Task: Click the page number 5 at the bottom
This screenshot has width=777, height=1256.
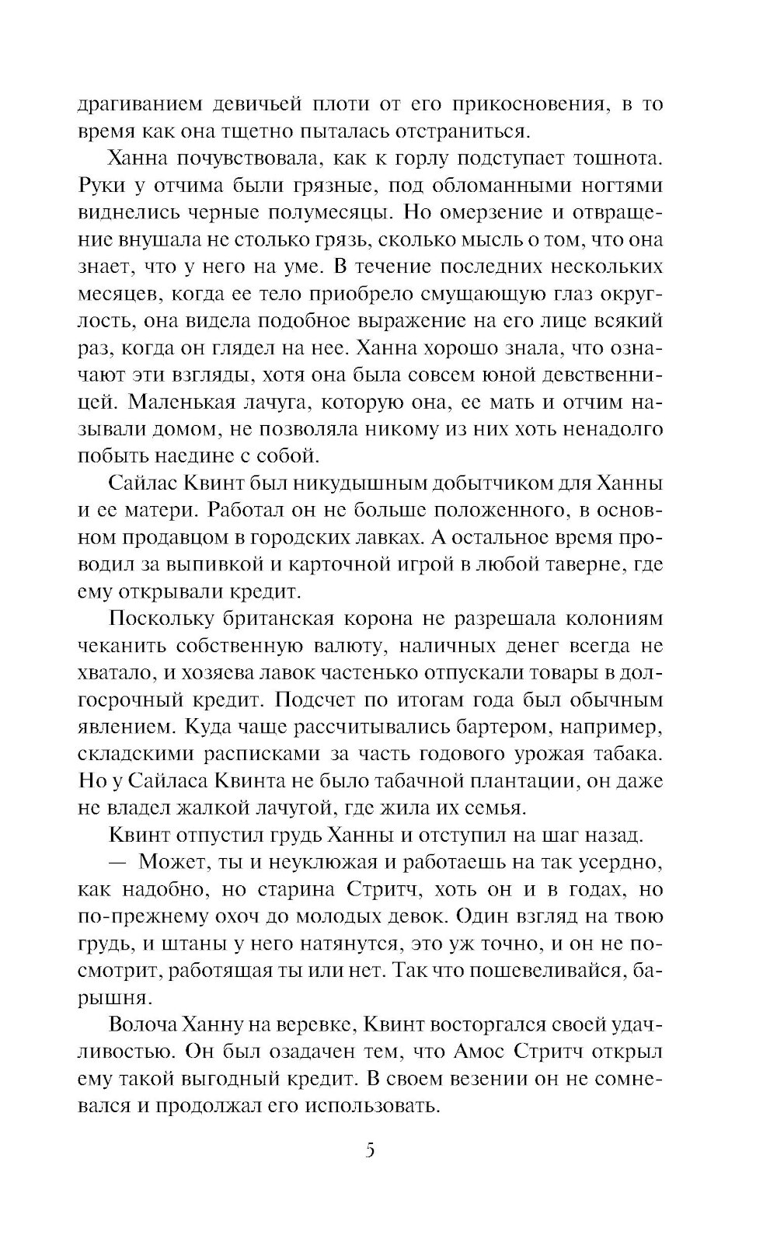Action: tap(370, 1150)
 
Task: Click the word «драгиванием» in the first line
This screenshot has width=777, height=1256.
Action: tap(148, 104)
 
